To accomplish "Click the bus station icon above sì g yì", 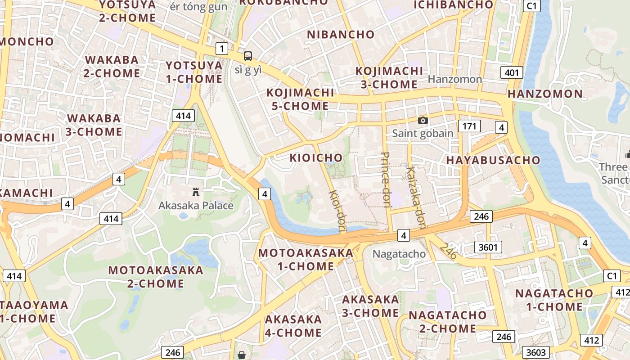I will tap(248, 56).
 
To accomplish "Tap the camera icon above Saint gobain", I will tap(423, 120).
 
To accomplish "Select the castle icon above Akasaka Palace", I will tap(196, 192).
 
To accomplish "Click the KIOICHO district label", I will tap(316, 158).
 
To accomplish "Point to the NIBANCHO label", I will tap(341, 34).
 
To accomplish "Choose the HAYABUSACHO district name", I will tap(493, 160).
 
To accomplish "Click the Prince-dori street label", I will tap(385, 180).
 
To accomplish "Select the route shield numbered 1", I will tap(221, 49).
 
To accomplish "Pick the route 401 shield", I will tap(512, 72).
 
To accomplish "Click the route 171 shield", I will tap(469, 126).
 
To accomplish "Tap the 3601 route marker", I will tap(488, 247).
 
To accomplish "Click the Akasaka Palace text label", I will tap(196, 206).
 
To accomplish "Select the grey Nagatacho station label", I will tap(399, 254).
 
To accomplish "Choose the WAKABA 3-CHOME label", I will tap(94, 125).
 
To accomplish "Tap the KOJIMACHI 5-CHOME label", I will tap(300, 99).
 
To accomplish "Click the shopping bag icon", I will tap(242, 355).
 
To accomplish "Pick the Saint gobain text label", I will tap(423, 133).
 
